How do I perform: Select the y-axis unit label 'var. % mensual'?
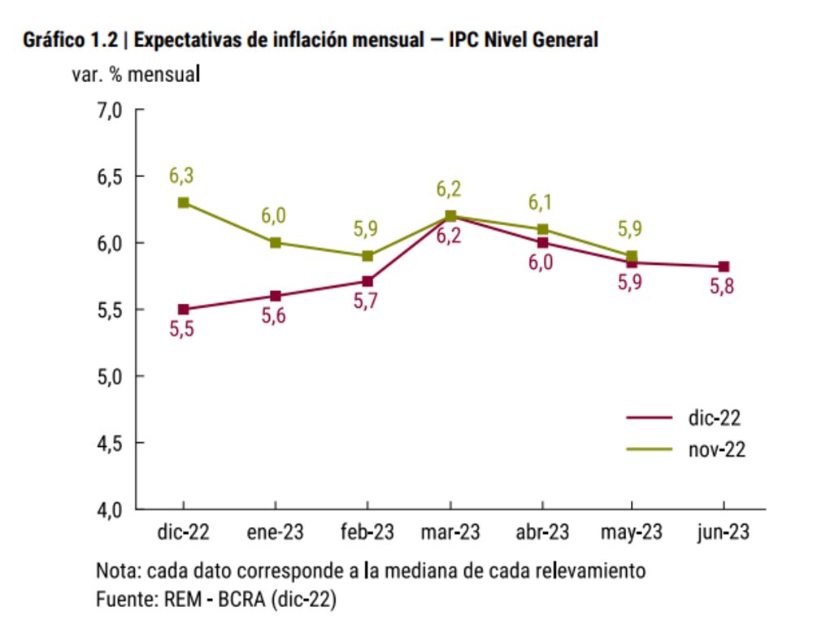[137, 75]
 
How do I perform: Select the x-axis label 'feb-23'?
[367, 532]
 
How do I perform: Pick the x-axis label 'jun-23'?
[724, 532]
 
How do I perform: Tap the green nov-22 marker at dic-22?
[184, 202]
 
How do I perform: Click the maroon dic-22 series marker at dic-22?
[184, 310]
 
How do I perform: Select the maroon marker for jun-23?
[724, 267]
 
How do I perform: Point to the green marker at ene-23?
[276, 242]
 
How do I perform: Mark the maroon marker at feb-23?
[367, 281]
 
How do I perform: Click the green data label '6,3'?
[181, 176]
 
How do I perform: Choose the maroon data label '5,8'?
[722, 287]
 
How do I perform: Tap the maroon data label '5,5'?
[182, 331]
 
